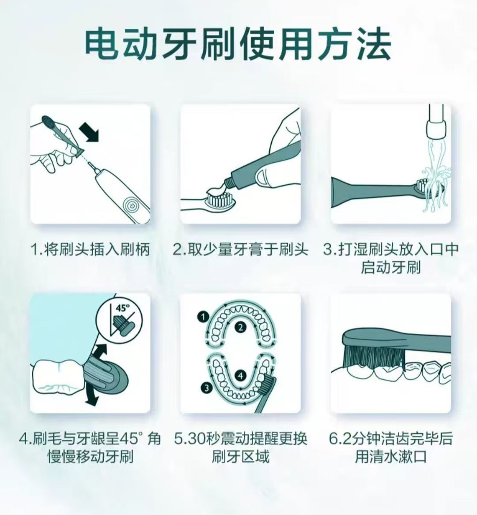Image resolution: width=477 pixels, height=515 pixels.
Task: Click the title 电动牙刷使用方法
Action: (238, 45)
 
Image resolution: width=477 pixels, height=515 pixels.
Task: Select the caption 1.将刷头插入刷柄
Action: (90, 250)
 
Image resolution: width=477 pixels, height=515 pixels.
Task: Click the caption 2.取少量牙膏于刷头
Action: (240, 250)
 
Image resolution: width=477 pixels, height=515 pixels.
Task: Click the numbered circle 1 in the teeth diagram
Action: (203, 317)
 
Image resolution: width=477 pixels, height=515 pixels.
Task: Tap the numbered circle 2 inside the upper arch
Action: (241, 327)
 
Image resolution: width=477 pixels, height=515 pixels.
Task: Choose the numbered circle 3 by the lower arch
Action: (206, 388)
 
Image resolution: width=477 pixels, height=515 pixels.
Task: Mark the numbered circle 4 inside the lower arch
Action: (241, 375)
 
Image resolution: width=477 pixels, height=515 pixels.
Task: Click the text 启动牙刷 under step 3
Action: (390, 267)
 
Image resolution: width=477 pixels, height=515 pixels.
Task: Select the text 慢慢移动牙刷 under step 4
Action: (90, 456)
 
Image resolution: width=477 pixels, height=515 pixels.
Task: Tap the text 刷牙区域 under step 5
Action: (240, 456)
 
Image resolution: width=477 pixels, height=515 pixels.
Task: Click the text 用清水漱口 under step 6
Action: (390, 456)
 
